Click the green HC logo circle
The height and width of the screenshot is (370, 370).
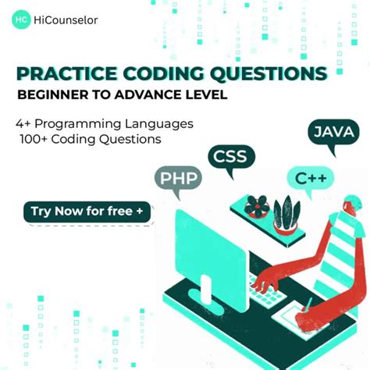click(x=21, y=20)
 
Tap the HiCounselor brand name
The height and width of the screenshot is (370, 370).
click(x=66, y=21)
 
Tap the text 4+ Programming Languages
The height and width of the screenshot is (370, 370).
click(x=104, y=124)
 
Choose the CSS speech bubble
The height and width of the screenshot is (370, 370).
click(x=231, y=155)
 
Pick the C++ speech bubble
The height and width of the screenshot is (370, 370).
click(x=310, y=178)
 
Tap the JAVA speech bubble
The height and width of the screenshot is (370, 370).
click(x=333, y=132)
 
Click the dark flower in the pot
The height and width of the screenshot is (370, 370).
click(x=256, y=206)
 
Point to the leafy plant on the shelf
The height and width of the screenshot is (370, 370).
click(x=286, y=212)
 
